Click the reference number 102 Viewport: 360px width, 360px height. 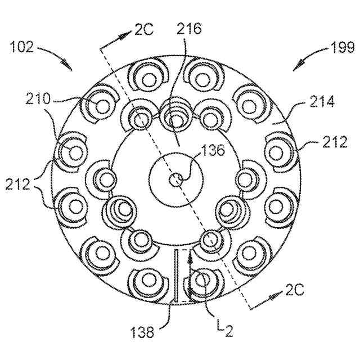coord(23,47)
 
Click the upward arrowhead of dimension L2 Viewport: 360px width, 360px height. coord(191,256)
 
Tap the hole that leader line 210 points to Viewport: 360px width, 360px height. coord(102,105)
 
